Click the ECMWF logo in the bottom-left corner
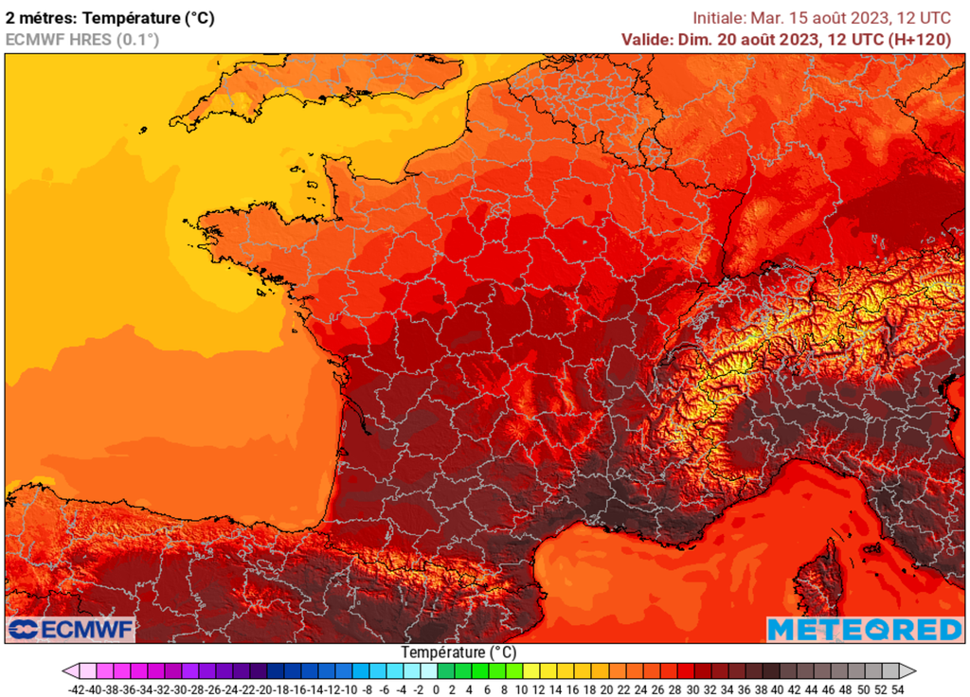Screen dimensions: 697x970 pos(71,630)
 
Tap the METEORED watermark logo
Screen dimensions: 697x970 pos(864,630)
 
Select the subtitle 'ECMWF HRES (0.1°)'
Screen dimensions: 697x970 pos(82,40)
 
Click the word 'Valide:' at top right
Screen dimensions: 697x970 pos(649,39)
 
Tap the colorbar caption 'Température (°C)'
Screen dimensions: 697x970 pos(458,652)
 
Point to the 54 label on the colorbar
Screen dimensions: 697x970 pos(897,689)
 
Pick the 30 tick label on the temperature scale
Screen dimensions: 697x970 pos(692,689)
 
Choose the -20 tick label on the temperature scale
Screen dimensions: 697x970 pos(266,689)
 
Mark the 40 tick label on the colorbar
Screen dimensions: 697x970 pos(778,689)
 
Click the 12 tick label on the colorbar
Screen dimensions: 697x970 pos(539,689)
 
